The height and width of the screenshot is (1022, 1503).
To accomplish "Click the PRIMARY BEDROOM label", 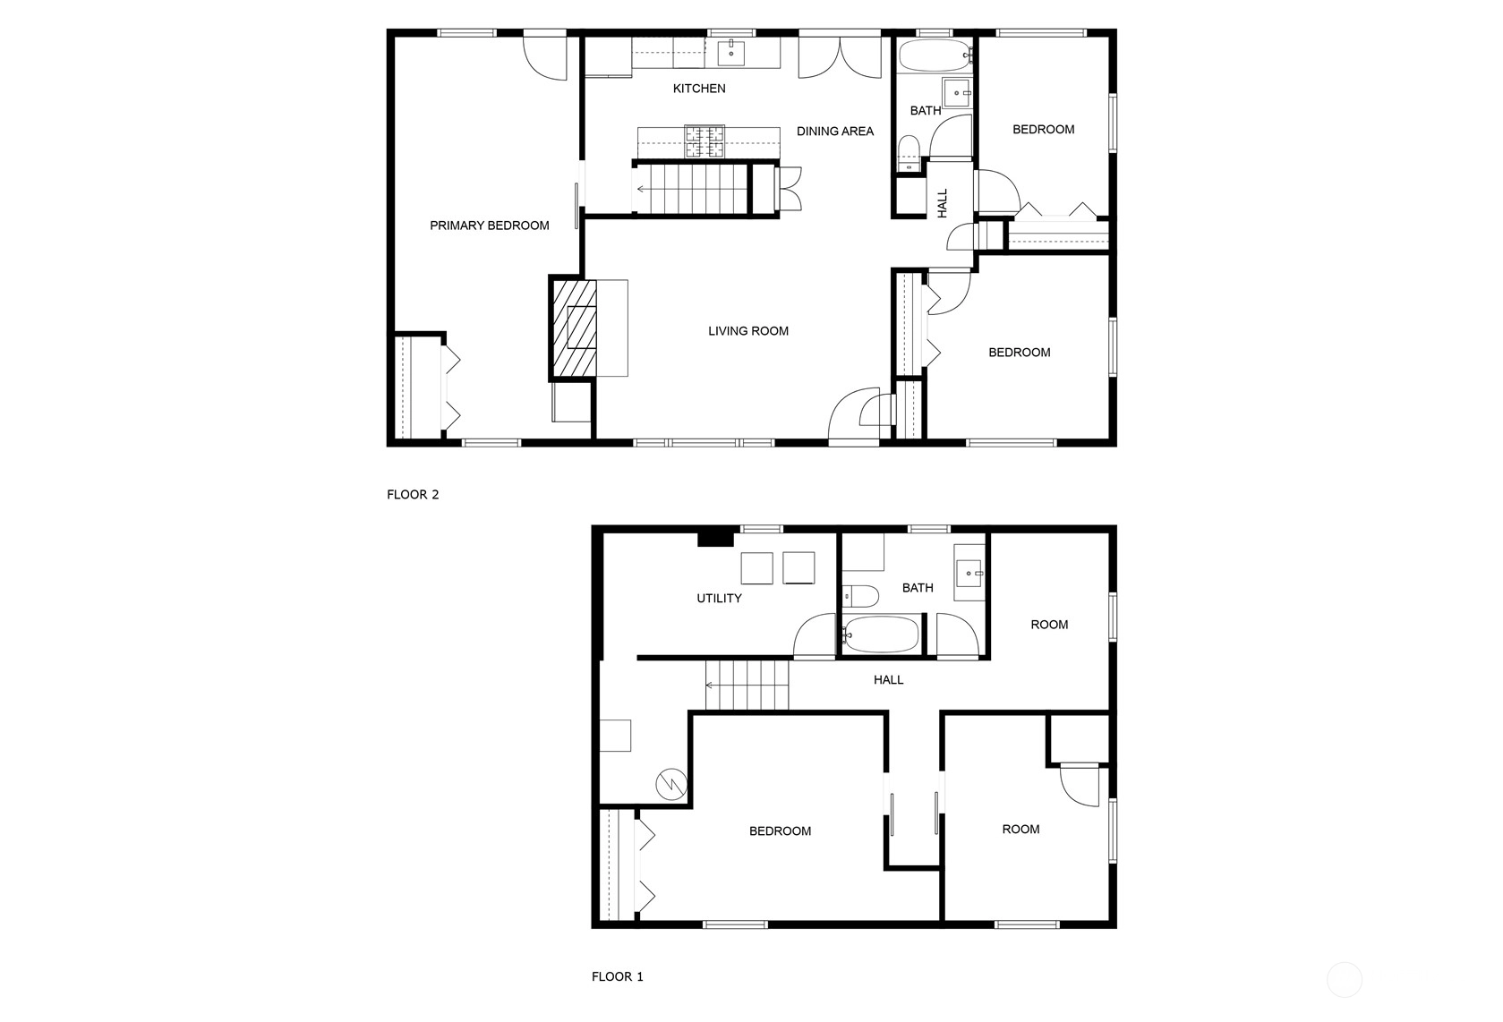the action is coord(489,226).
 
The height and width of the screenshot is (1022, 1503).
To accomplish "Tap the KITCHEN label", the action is coord(699,89).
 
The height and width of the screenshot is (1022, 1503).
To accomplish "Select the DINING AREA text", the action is coord(834,132).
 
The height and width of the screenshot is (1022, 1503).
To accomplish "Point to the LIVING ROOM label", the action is coord(748,330).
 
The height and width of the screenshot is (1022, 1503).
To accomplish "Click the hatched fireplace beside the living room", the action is coord(573,328).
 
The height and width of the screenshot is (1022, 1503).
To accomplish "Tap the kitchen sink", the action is coord(730,52).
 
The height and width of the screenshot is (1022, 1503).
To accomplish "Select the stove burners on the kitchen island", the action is coord(705,141).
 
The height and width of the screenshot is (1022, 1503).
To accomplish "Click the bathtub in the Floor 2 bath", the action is coord(935,55).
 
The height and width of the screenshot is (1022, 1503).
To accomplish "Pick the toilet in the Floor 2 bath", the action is coord(909,154).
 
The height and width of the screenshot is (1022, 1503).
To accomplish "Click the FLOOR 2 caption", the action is coord(413,495).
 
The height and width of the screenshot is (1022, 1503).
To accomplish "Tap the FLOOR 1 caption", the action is coord(618,977).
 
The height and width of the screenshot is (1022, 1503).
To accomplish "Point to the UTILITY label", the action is coord(719,598).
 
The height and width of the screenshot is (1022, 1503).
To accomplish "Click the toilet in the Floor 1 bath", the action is coord(861,595).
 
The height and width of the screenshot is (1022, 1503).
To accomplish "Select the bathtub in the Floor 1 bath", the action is coord(881,634).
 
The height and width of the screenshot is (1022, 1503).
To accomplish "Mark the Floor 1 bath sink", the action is coord(969,573).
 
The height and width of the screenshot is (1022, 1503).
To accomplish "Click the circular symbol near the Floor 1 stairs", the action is coord(671,784).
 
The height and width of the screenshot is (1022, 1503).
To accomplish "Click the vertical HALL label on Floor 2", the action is coord(942,202).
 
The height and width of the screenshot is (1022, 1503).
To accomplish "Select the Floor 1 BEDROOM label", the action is coord(780,831).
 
